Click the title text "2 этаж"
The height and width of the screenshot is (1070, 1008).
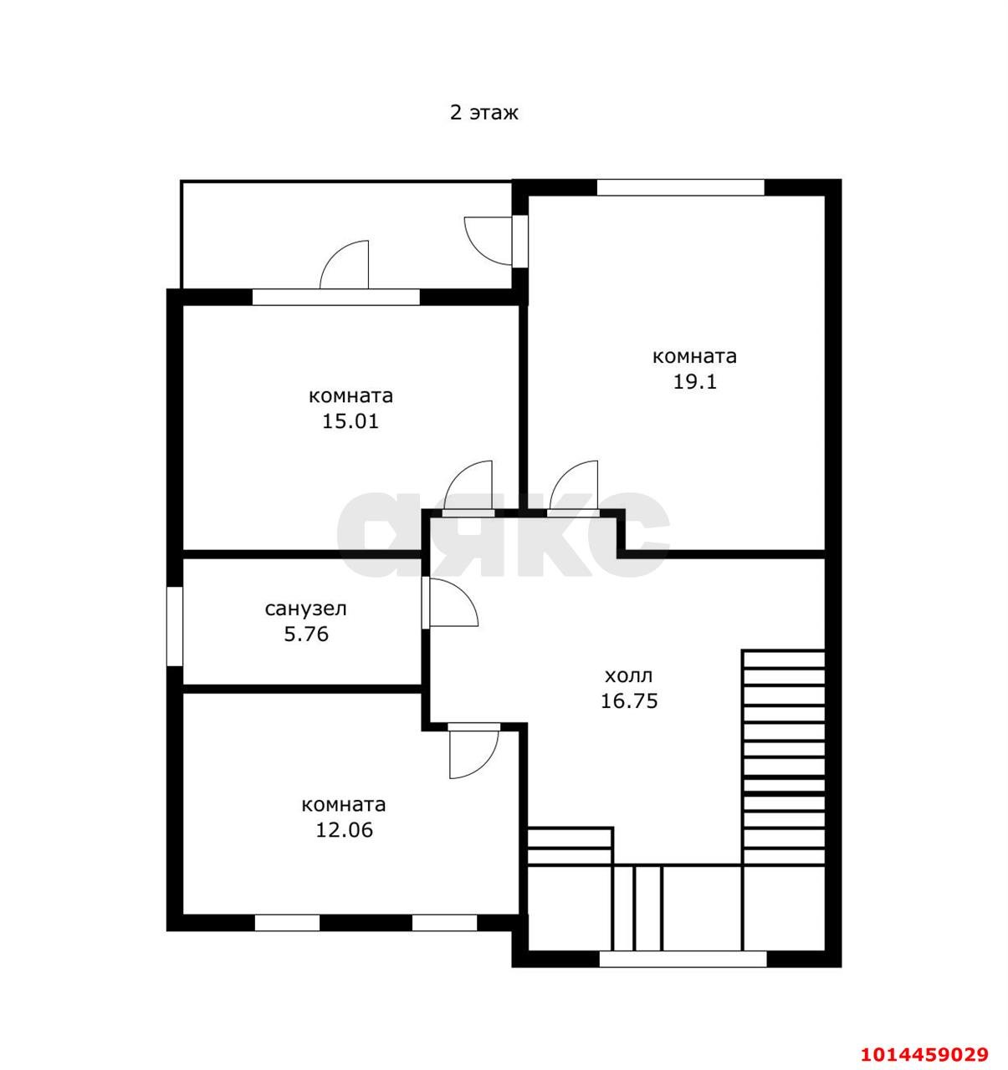(484, 113)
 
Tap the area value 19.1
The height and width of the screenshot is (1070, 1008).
(694, 382)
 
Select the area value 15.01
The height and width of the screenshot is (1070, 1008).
(350, 421)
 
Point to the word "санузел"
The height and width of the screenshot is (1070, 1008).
(306, 609)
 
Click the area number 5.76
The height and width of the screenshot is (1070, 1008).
(306, 634)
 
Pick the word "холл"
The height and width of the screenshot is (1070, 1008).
(629, 675)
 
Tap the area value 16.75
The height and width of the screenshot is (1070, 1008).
(629, 701)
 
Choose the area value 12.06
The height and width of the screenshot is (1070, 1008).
(344, 830)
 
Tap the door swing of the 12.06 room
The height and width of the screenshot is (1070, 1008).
(484, 765)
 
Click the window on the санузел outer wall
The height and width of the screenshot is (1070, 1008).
(175, 626)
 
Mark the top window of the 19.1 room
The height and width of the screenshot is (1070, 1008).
(681, 187)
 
